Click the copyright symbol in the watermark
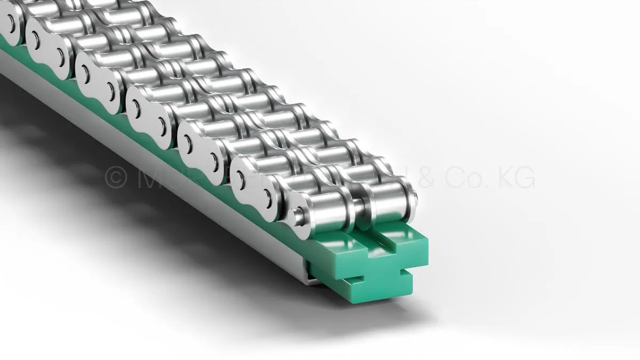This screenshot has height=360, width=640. coord(115,178)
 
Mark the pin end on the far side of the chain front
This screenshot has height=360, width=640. coord(414,195)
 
